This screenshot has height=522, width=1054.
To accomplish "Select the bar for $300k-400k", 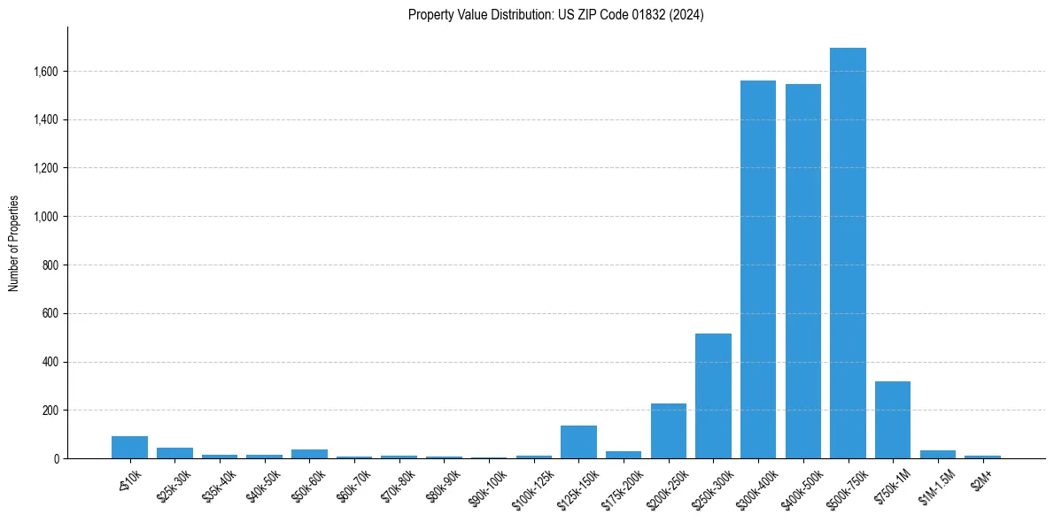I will click(x=758, y=270).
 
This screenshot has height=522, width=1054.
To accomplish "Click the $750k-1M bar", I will click(x=893, y=420).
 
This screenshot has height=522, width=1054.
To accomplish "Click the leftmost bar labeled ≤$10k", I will click(x=129, y=448).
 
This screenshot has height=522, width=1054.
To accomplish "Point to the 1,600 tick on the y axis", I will click(x=45, y=71).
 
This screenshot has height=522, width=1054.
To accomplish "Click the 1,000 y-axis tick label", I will click(x=45, y=217).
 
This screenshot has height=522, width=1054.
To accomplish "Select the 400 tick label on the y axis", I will click(x=50, y=362).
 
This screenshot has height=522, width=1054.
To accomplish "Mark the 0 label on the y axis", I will click(x=55, y=459).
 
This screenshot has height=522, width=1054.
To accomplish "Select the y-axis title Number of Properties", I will click(x=14, y=242).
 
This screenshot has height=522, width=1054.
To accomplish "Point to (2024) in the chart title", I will click(x=686, y=15).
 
